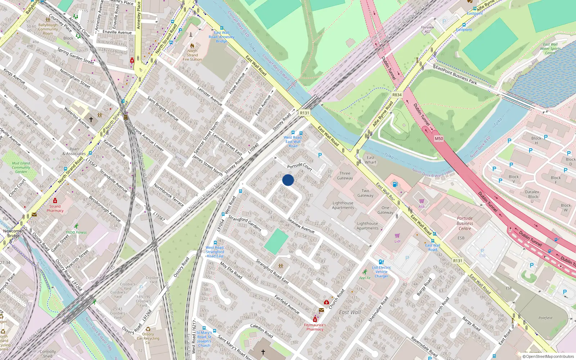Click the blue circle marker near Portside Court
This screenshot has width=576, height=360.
coord(288,180)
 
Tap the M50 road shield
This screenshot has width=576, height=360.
coord(438,139)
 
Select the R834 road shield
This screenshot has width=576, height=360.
coord(397,95)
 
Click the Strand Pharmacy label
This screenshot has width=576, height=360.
coord(55,208)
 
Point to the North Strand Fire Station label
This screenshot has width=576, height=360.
coord(192,55)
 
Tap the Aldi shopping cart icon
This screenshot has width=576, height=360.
coord(422,201)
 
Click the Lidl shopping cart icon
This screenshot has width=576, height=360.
coord(397,236)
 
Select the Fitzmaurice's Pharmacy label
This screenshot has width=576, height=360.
coord(315,327)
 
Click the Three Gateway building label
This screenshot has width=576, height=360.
coord(345,176)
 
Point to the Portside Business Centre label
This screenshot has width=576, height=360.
coord(465,223)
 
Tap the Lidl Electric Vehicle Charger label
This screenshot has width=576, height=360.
coord(382,272)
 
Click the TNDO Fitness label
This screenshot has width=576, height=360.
coord(76,232)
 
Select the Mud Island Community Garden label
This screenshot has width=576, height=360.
coord(21,167)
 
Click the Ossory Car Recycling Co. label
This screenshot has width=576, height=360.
coord(148,338)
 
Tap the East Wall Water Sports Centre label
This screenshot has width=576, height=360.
coord(550,49)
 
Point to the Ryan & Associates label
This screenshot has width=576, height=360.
coord(74,151)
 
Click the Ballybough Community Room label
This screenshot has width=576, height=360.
coord(48,29)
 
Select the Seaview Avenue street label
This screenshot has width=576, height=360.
coord(301,225)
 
